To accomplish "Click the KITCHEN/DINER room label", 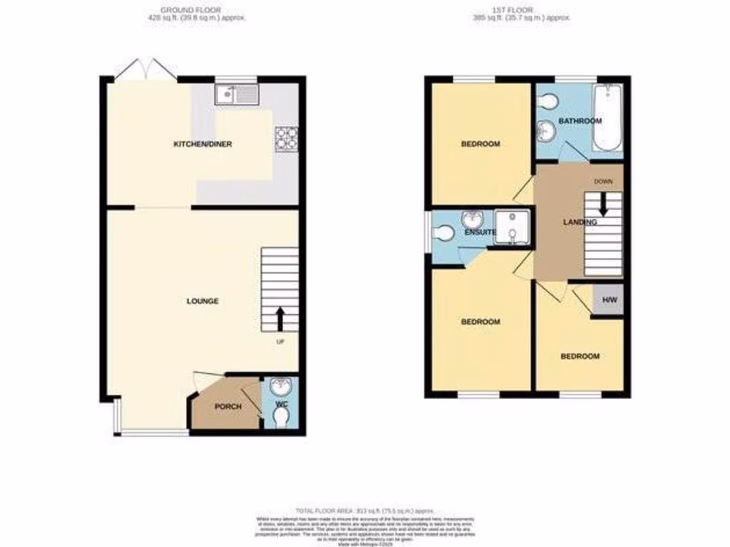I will click(x=203, y=144).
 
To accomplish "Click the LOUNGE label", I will click(x=202, y=301).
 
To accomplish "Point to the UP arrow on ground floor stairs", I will click(x=279, y=319).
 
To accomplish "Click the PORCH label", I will click(x=228, y=407).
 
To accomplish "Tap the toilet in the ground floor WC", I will click(x=282, y=415).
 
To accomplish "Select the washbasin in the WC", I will click(x=282, y=386).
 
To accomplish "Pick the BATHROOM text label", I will click(x=580, y=121).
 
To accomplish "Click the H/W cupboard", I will click(x=610, y=300).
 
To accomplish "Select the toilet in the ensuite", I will click(x=444, y=233).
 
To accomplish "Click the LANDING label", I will click(x=580, y=222).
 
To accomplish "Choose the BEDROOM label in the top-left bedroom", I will click(x=480, y=144).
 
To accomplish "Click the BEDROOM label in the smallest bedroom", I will click(x=580, y=356).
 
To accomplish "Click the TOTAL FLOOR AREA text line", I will click(x=364, y=510).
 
